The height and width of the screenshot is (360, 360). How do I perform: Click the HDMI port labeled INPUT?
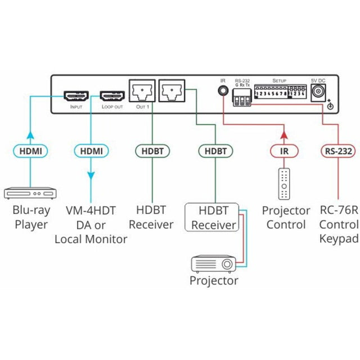[x=75, y=94]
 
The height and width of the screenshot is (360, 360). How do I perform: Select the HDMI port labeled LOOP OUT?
[x=111, y=94]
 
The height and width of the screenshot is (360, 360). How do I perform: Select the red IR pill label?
[x=283, y=151]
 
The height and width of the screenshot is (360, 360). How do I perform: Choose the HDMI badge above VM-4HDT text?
[x=91, y=151]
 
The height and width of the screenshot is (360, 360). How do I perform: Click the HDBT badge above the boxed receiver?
[x=215, y=151]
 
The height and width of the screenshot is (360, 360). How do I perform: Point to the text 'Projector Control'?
[x=286, y=218]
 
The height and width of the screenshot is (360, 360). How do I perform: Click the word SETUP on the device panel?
[x=279, y=81]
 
